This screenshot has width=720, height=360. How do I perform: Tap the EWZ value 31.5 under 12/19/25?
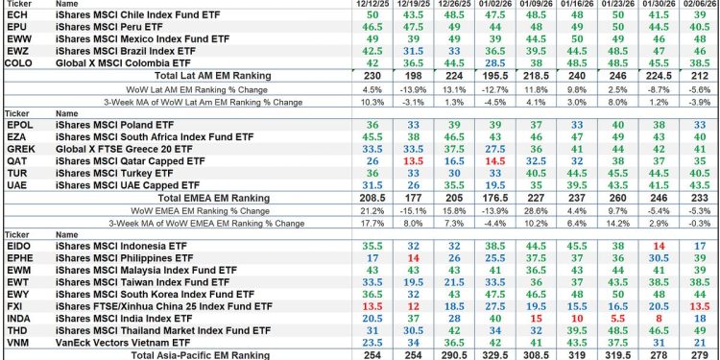coord(415,46)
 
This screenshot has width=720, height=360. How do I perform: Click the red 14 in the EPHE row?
coord(415,258)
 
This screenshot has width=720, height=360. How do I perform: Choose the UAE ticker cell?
coord(16,185)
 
